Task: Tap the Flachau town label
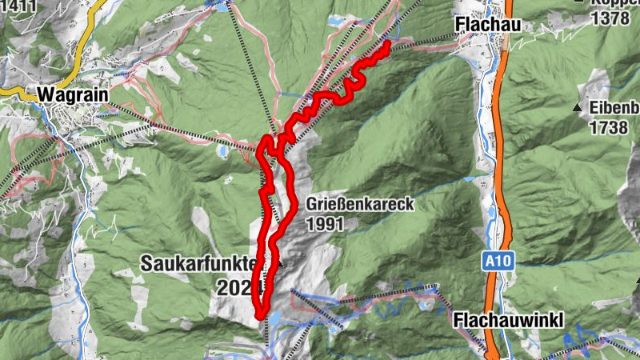pos(487,25)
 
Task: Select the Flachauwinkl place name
pos(508,321)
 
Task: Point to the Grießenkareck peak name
pos(359,204)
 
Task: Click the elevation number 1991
pos(323,224)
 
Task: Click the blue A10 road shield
pos(495,261)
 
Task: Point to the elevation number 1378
pos(610,18)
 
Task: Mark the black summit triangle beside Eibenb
pos(576,107)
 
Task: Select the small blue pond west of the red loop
pos(221,149)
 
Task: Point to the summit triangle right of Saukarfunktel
pos(281,263)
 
